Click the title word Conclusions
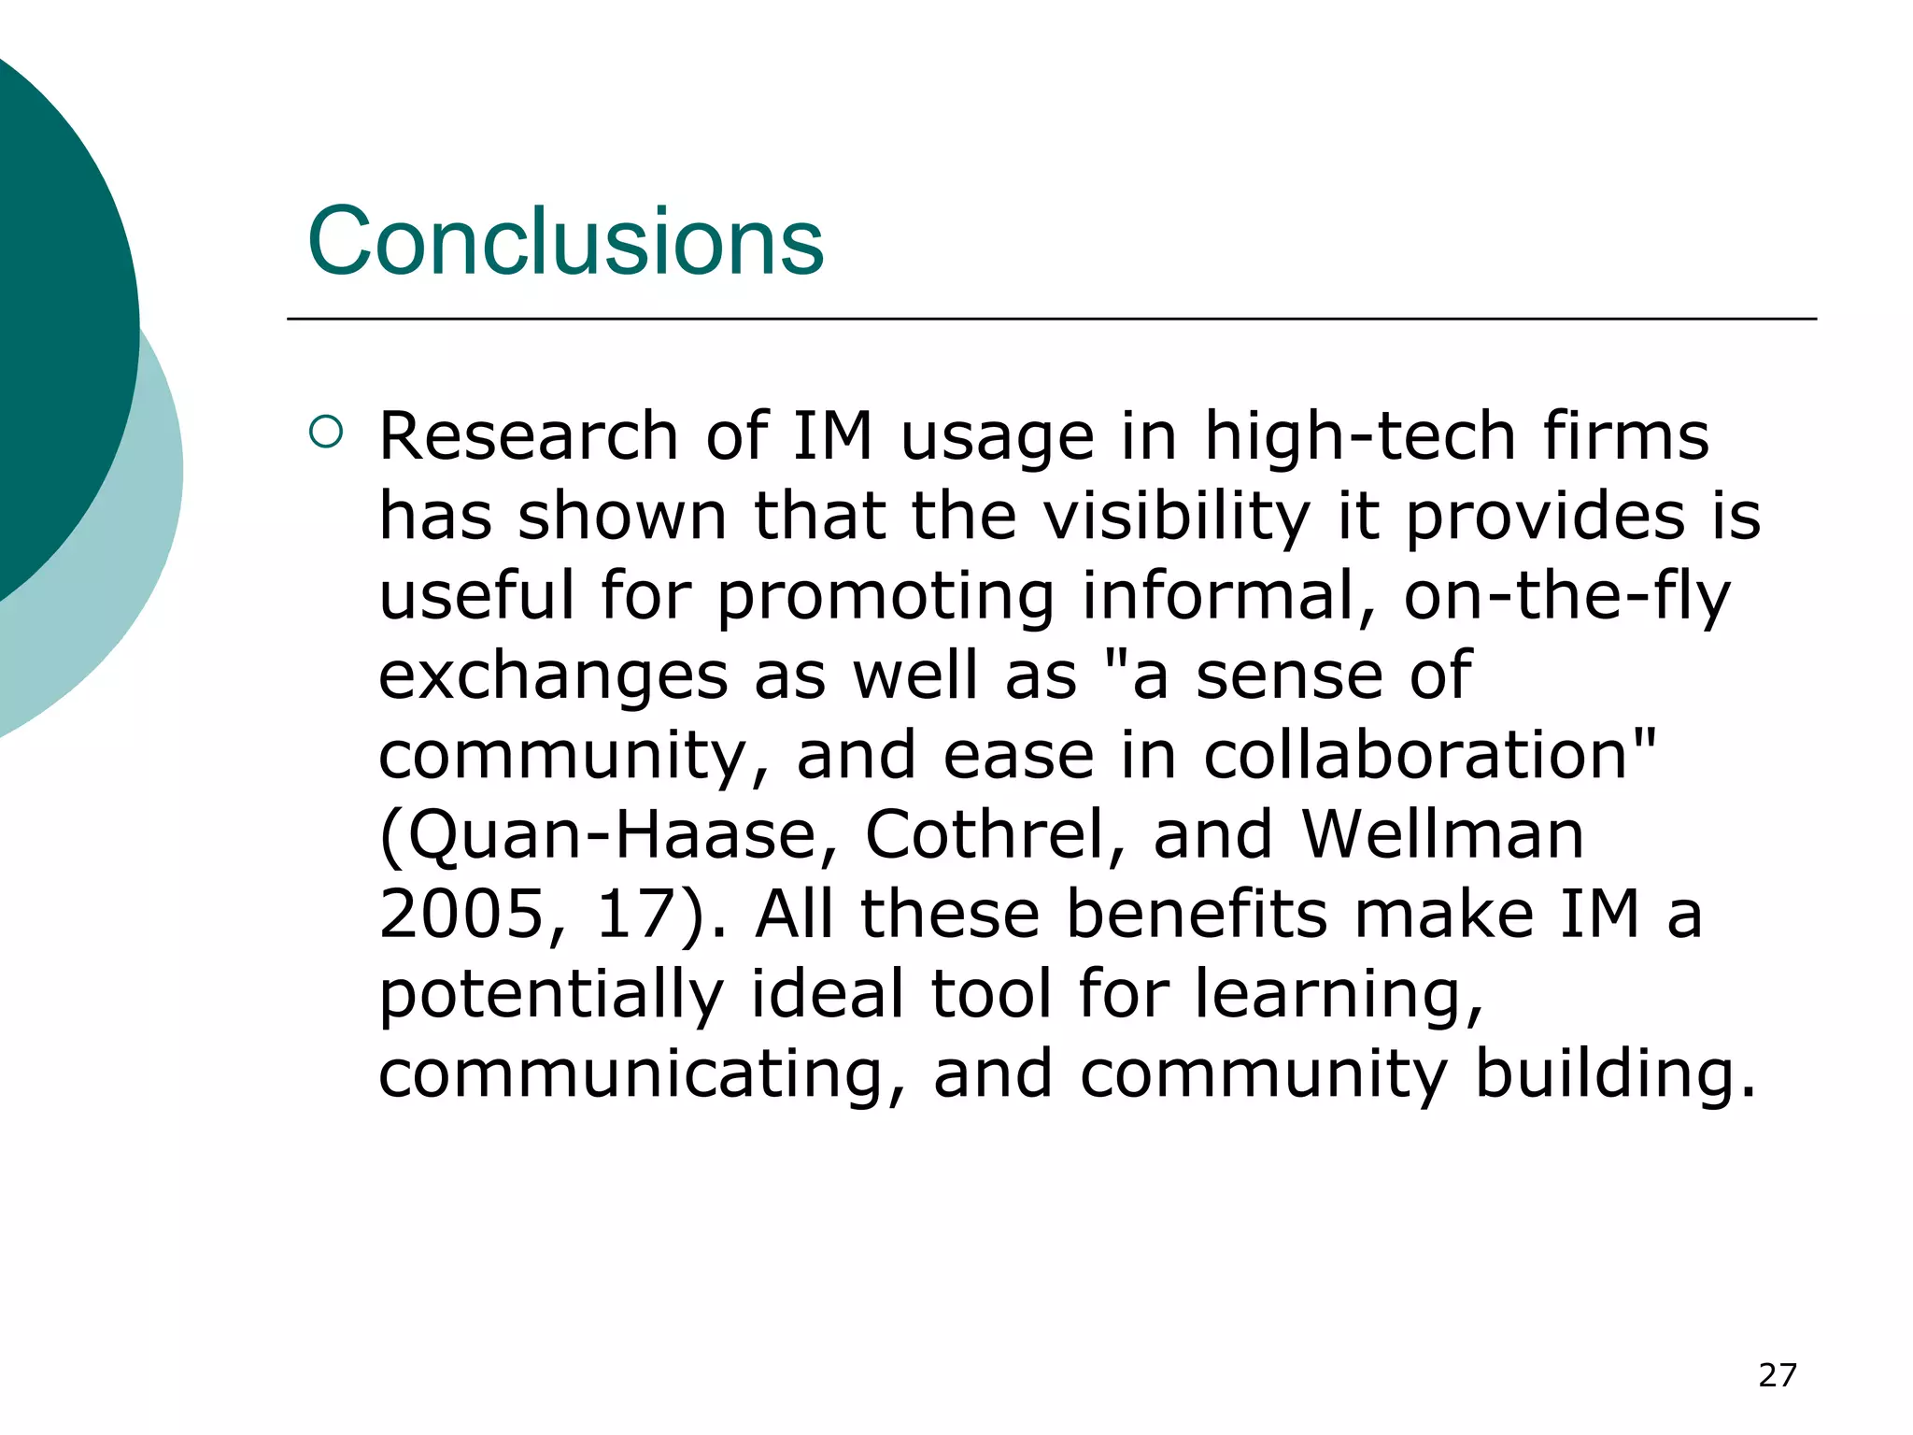(565, 242)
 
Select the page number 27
(1777, 1375)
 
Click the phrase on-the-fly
(1566, 596)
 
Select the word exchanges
(553, 676)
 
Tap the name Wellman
(1443, 834)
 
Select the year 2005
(461, 915)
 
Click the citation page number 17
(635, 915)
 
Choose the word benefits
(1197, 915)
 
